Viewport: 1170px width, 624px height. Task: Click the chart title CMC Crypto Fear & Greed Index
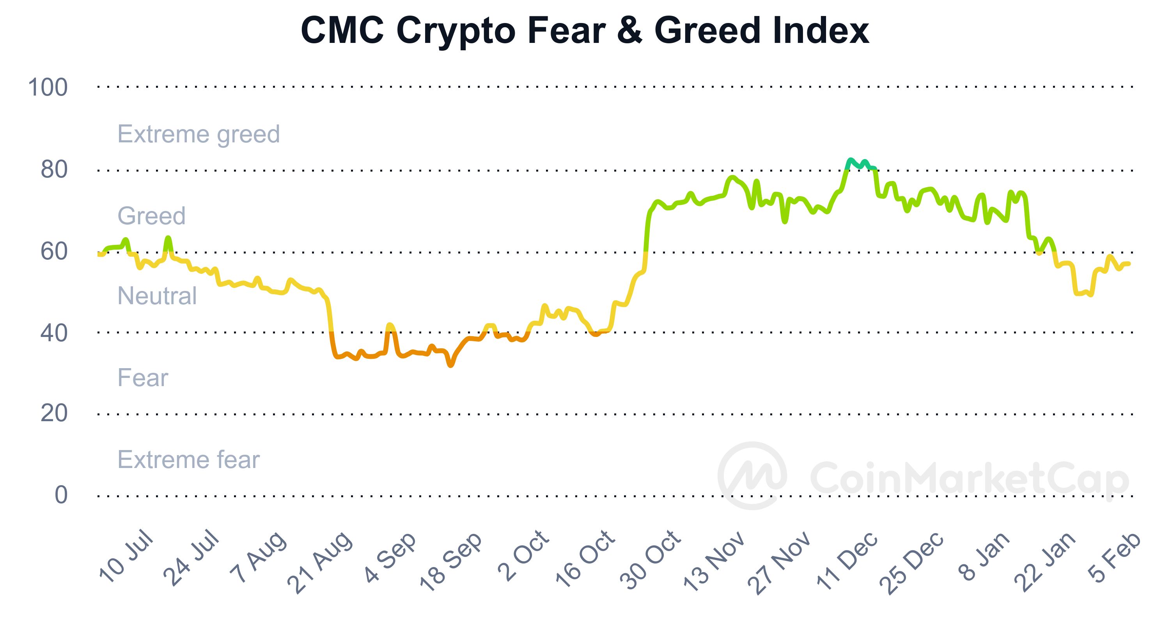tap(585, 31)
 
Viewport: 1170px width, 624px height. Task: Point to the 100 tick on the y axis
tap(48, 87)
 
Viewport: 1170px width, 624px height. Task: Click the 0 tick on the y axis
tap(61, 495)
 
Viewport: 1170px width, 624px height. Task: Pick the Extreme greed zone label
tap(199, 135)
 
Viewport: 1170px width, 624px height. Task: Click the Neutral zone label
tap(157, 296)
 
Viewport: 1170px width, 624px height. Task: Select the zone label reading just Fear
tap(143, 378)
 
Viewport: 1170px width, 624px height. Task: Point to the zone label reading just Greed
tap(151, 216)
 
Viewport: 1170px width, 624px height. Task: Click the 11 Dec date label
tap(847, 560)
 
